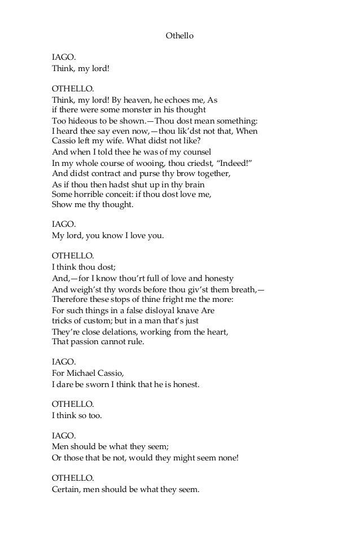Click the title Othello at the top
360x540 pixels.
click(180, 36)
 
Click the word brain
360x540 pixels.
click(192, 185)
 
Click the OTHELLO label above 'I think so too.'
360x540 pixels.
click(73, 405)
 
